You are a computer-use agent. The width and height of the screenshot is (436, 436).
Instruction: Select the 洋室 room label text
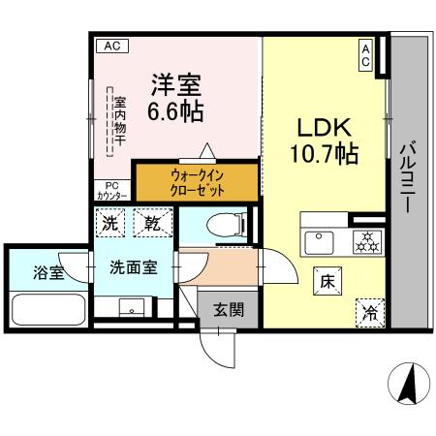(x=174, y=83)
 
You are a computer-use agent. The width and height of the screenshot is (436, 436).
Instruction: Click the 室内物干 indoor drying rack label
(x=119, y=121)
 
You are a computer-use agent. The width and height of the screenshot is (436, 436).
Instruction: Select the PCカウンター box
(x=111, y=191)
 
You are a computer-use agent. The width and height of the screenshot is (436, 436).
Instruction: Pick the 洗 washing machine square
(x=111, y=223)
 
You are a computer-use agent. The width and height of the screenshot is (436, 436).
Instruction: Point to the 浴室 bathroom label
(x=48, y=272)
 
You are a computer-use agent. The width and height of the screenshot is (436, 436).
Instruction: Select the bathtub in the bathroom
(x=48, y=310)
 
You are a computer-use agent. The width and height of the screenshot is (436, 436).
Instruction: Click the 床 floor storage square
(x=327, y=282)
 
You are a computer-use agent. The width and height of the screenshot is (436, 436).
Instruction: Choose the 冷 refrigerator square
(x=369, y=311)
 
